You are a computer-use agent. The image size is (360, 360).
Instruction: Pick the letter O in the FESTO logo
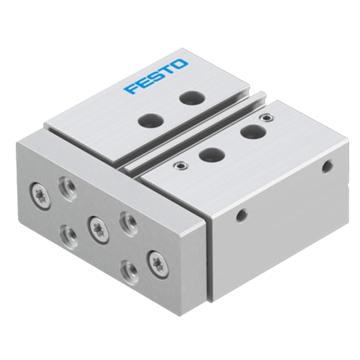(181, 64)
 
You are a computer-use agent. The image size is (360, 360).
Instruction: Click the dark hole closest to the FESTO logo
(192, 98)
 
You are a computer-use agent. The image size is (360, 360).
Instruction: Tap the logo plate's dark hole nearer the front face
(151, 120)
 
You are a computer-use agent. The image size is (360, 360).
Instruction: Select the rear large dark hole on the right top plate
(253, 132)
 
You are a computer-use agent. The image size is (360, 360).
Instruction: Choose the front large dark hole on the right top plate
(212, 155)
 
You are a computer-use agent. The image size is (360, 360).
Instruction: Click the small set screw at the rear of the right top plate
(266, 117)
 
